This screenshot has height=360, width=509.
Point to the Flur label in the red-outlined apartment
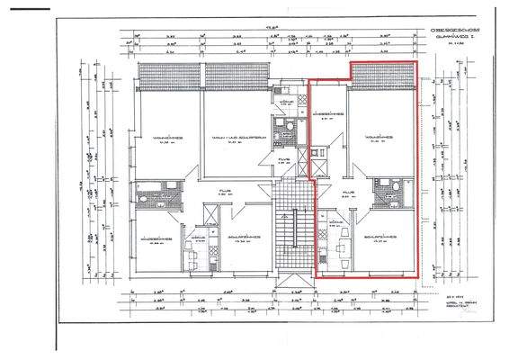(x=350, y=193)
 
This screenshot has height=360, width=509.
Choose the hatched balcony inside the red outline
(x=382, y=74)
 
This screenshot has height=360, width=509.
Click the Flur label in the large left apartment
(x=224, y=192)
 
